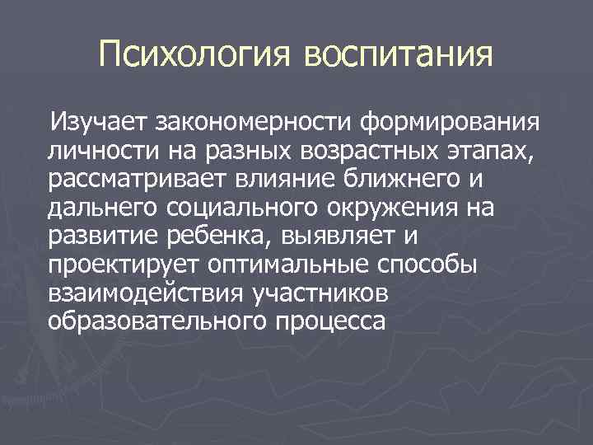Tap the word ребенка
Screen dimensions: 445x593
pos(212,237)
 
